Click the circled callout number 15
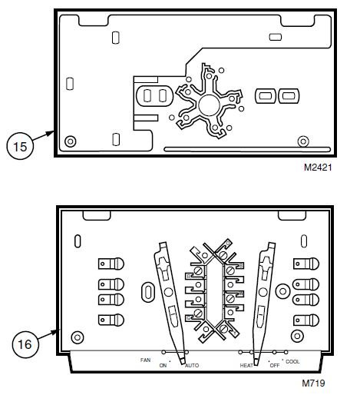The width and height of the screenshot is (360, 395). (x=20, y=147)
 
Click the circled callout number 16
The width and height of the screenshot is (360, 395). (x=25, y=344)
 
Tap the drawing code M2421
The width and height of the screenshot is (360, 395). (x=318, y=168)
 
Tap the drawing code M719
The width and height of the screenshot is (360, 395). (x=313, y=383)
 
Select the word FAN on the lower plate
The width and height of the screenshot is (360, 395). (x=145, y=360)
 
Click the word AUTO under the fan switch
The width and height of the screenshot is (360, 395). (x=192, y=365)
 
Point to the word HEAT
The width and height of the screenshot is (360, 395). (x=246, y=365)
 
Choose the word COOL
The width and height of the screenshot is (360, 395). (x=292, y=361)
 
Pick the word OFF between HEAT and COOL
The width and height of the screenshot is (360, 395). (x=275, y=365)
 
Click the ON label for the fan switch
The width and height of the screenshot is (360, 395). (x=163, y=365)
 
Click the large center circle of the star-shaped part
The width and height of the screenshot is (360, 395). (x=209, y=105)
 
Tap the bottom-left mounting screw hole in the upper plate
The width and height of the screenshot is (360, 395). (x=71, y=141)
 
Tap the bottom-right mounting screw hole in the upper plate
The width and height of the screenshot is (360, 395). (x=303, y=141)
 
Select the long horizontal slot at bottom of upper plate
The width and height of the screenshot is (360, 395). (x=247, y=149)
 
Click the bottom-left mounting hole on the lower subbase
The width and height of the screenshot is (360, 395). (x=77, y=337)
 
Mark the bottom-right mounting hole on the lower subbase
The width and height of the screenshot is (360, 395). (x=297, y=336)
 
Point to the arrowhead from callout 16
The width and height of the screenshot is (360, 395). (x=56, y=331)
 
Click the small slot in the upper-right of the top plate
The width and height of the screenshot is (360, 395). (x=276, y=37)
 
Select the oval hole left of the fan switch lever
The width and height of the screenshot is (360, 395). (x=147, y=292)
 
